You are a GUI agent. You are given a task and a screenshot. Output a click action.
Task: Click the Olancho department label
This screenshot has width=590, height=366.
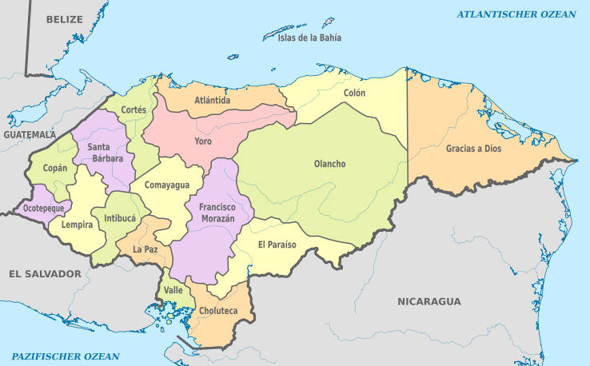point(329,164)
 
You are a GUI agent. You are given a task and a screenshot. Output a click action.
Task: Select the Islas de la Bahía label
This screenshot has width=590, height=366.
point(309,38)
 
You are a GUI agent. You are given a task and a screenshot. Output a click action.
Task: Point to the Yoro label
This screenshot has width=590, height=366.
point(203,141)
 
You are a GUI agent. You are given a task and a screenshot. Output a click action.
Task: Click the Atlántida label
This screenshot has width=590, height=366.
point(213,101)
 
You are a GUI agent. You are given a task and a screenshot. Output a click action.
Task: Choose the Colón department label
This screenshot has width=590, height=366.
point(354,93)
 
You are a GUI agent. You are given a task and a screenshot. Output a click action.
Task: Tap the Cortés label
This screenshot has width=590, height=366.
point(134,109)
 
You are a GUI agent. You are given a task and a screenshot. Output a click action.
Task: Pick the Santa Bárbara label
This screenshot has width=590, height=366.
point(105,152)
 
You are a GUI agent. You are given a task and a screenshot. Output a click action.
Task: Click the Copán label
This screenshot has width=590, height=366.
point(55,169)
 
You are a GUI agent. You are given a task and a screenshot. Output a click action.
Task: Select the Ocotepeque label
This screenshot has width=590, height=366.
point(42,207)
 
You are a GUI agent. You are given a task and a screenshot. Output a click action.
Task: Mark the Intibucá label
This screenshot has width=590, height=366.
point(119,217)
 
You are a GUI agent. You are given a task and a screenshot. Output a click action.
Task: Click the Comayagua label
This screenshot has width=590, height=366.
point(167,185)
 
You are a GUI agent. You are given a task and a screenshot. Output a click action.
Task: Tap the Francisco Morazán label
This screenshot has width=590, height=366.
point(217,212)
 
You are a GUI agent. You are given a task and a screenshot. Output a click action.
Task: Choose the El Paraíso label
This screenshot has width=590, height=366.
point(277,245)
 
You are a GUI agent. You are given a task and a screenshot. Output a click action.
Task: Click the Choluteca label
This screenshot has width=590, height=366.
point(218,310)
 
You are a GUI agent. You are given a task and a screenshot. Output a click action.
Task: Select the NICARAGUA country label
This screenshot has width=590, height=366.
point(429,301)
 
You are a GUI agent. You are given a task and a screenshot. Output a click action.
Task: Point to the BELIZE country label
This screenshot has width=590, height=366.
point(65,18)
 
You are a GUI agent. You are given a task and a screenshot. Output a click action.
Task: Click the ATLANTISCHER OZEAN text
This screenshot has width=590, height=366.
point(516,14)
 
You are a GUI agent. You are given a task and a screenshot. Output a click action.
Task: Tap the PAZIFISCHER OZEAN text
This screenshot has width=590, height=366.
point(66,356)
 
